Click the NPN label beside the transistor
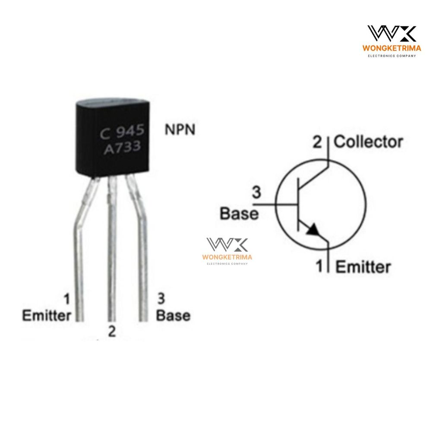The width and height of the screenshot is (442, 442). click(180, 129)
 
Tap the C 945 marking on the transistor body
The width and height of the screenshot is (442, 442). click(122, 132)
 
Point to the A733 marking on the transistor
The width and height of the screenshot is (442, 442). click(122, 148)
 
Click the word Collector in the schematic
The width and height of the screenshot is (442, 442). click(368, 142)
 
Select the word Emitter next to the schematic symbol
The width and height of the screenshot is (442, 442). click(363, 267)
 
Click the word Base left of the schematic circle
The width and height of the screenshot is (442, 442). click(239, 213)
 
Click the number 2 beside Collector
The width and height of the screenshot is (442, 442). click(317, 142)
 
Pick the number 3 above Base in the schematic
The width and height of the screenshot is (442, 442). click(256, 193)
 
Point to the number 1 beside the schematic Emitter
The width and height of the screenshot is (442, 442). click(319, 266)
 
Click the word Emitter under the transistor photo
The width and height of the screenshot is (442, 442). click(47, 316)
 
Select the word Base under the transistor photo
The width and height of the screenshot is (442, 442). click(174, 316)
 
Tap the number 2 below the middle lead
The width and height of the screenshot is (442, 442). click(112, 331)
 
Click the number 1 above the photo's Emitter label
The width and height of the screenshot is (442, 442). click(67, 299)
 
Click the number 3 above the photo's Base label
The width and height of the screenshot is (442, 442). click(161, 299)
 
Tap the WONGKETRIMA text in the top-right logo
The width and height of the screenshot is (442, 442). click(391, 48)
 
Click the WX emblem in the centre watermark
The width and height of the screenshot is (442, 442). click(227, 244)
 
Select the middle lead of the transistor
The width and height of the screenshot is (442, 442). click(112, 249)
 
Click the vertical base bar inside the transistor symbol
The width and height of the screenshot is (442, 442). click(299, 204)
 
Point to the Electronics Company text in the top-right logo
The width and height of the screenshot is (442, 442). click(392, 56)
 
